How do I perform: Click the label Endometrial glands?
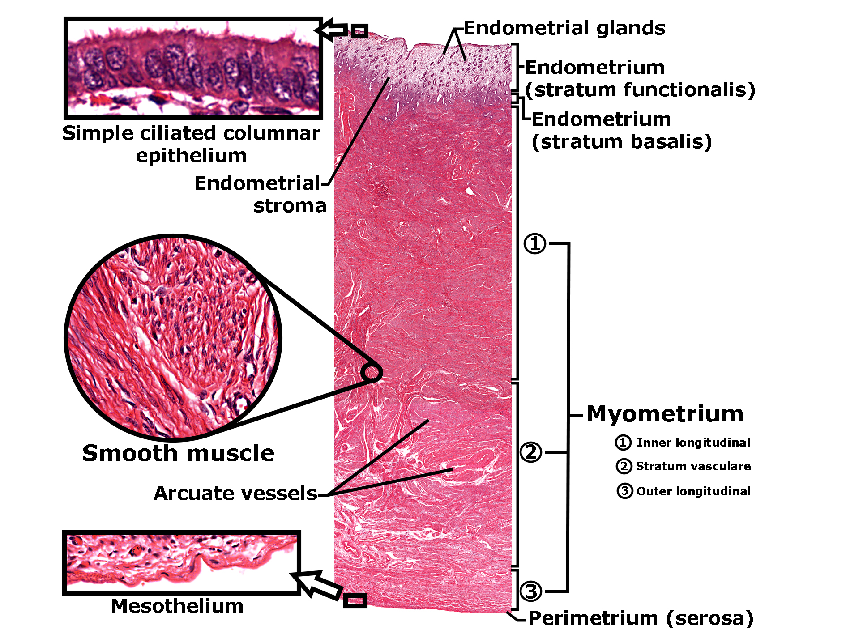[564, 28]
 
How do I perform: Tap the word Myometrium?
[665, 414]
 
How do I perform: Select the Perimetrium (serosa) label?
[641, 618]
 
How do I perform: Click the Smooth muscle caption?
[178, 453]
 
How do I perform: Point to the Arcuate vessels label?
[235, 493]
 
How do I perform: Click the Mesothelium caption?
[177, 606]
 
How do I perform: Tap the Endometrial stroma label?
[260, 194]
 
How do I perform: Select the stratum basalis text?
[621, 142]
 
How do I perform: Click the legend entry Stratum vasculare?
[693, 466]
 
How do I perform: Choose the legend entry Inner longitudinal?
[693, 443]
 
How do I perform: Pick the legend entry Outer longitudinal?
[693, 491]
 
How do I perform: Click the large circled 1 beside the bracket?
[535, 244]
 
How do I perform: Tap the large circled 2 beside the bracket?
[531, 452]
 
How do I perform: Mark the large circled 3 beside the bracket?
[531, 591]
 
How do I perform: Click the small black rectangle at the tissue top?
[359, 31]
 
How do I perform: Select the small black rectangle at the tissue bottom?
[355, 600]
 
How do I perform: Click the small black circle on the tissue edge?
[372, 372]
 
